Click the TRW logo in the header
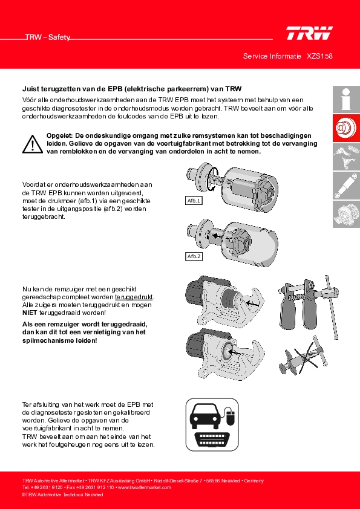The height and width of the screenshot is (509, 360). (309, 33)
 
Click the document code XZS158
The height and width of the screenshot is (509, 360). (319, 56)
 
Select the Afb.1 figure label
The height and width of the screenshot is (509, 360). (194, 201)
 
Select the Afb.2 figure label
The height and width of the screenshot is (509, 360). (194, 256)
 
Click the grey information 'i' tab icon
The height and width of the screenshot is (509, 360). (346, 99)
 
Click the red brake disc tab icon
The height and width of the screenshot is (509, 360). (346, 128)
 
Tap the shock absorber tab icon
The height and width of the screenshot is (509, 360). (346, 186)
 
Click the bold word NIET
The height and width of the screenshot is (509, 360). (30, 313)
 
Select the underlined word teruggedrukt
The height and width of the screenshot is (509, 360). (134, 297)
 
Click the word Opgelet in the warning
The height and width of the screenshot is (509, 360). (60, 135)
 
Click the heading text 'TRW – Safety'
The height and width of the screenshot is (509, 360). (48, 37)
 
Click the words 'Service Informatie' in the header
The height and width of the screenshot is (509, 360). (272, 56)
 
